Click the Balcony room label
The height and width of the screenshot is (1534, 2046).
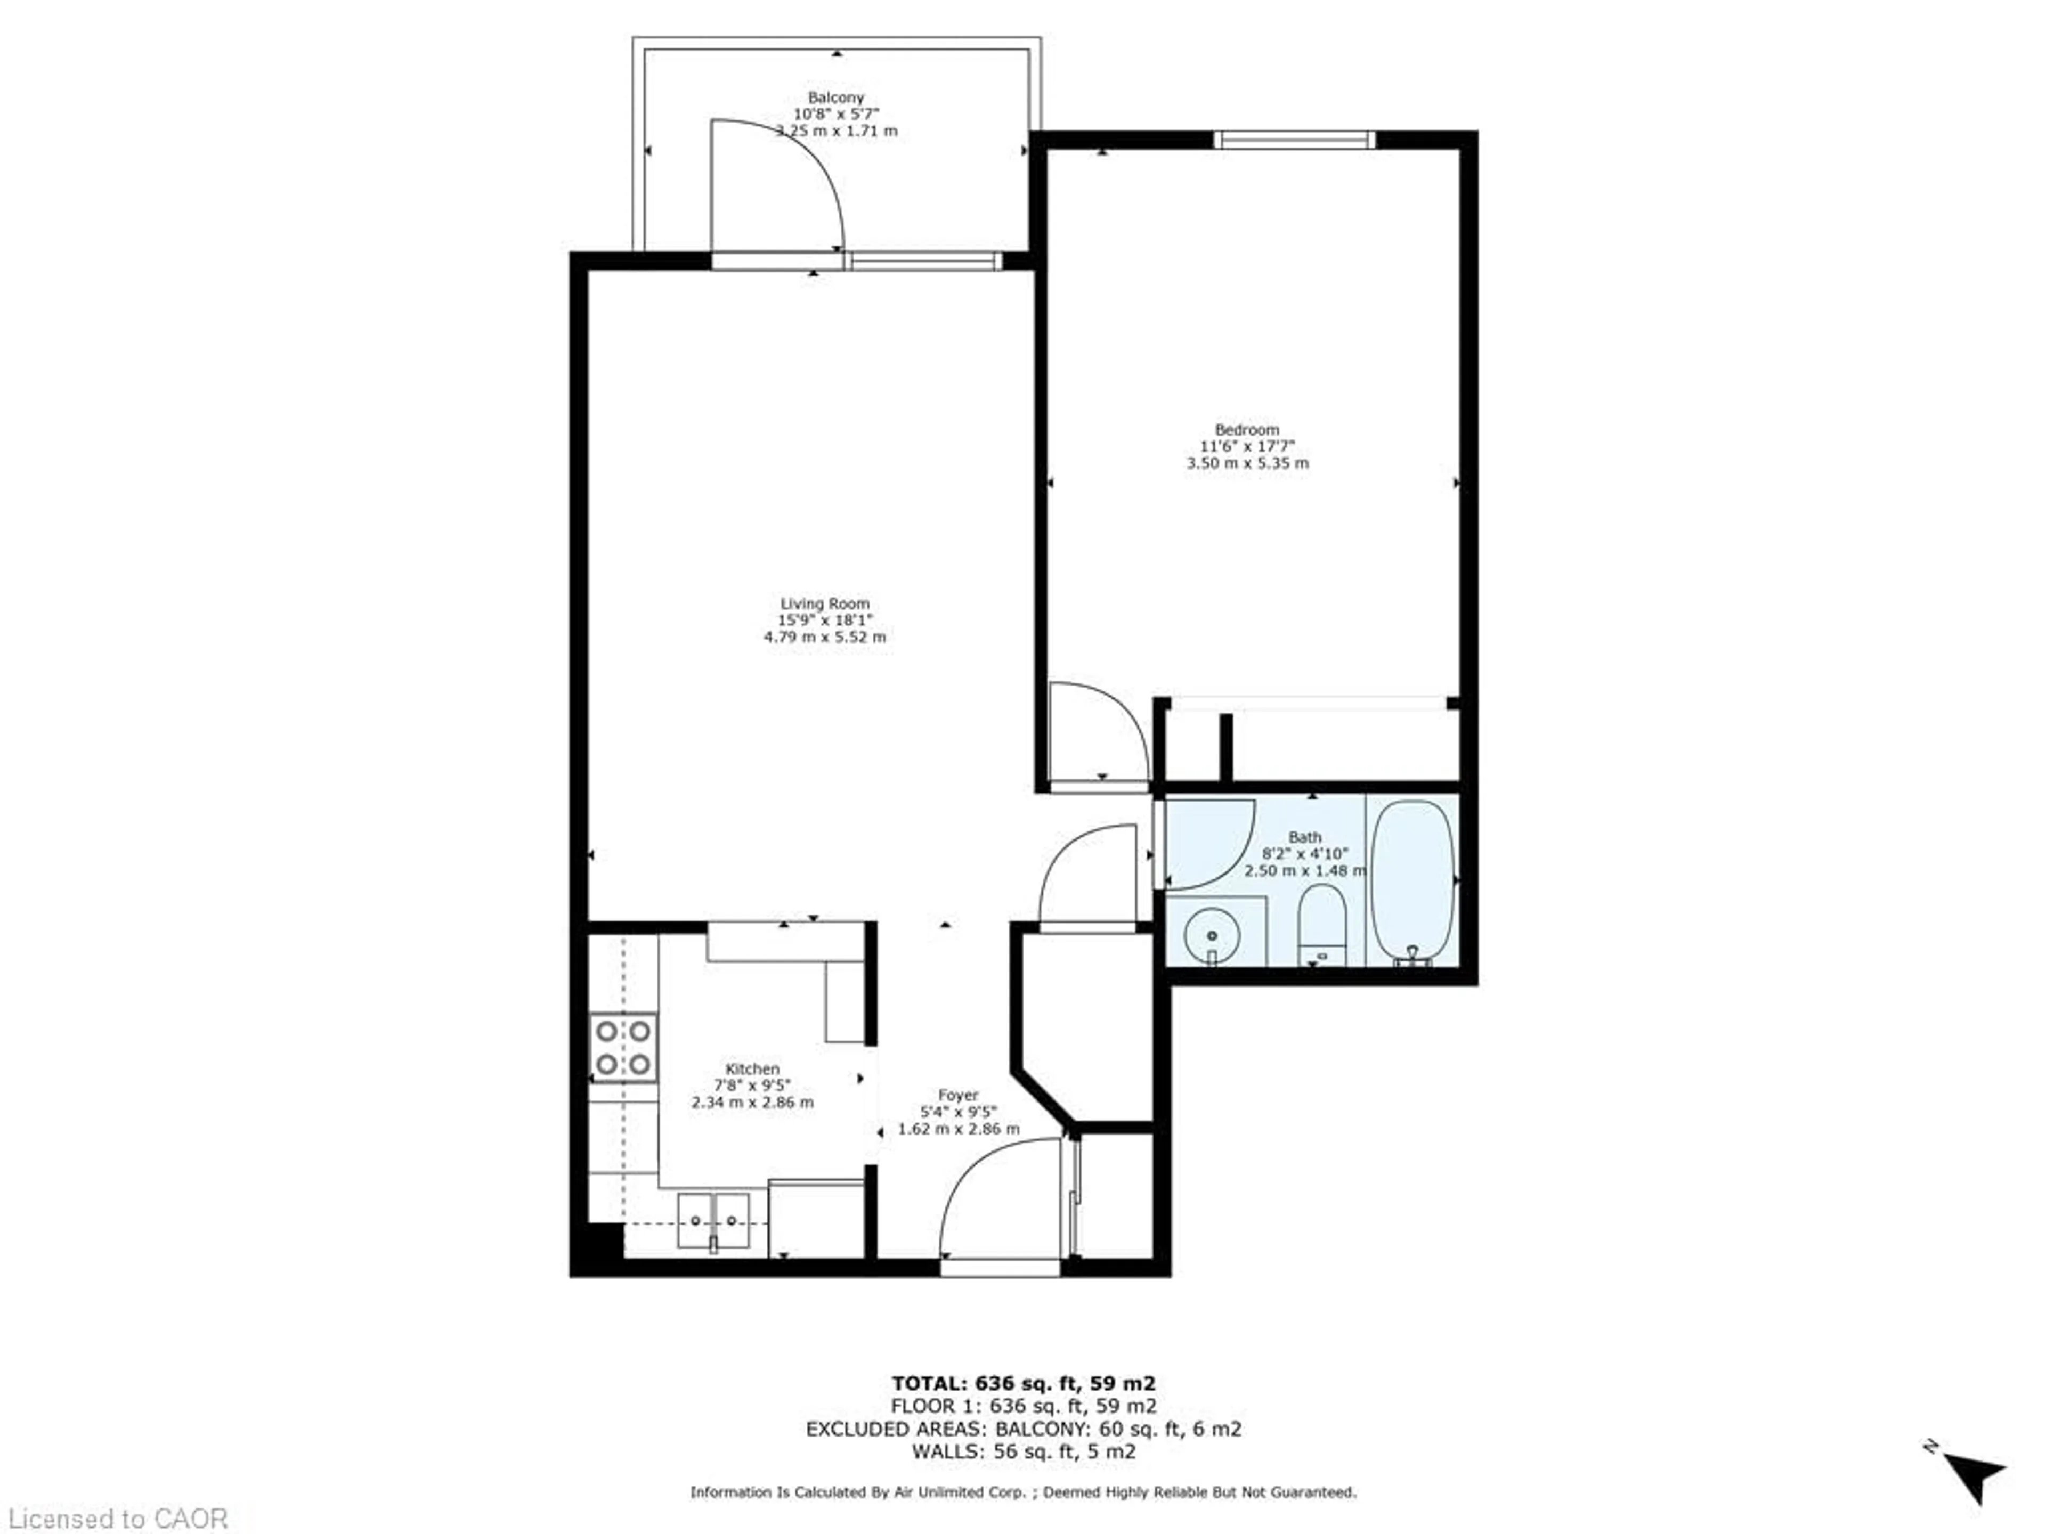point(835,97)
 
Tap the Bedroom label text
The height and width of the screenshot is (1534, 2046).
point(1247,429)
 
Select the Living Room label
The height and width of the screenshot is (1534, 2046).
point(825,603)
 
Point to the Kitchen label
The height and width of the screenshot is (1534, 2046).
point(752,1068)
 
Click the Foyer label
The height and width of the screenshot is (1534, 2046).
point(958,1095)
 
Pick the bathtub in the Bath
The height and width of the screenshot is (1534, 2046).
point(1412,883)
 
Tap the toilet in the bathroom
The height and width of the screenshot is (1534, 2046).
point(1321,925)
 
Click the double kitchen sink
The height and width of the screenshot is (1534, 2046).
point(713,1221)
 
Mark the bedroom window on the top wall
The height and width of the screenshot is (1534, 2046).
point(1294,140)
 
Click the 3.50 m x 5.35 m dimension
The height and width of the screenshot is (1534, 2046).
point(1248,462)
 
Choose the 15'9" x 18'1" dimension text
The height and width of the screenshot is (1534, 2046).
point(825,619)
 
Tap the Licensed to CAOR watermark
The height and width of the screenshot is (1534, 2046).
point(117,1518)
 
